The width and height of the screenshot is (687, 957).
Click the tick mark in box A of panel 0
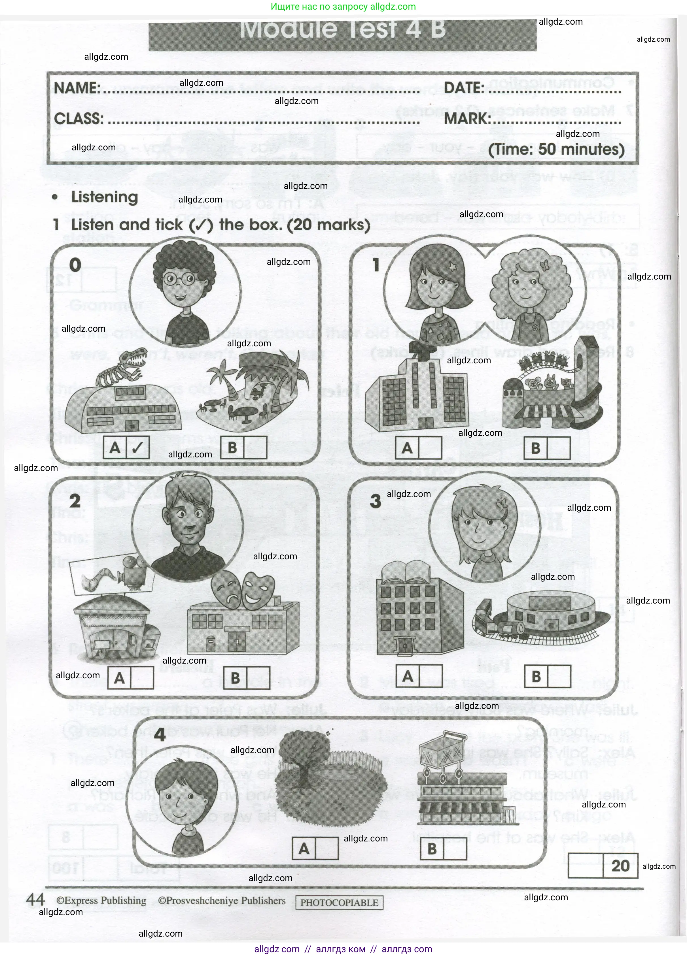[138, 447]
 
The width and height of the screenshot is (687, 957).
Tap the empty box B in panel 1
[559, 448]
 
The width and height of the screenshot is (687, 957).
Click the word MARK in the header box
[467, 119]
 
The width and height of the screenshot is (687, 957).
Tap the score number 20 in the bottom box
[620, 866]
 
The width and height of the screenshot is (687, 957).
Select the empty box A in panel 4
[326, 849]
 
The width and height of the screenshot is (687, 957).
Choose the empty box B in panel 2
[258, 678]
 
